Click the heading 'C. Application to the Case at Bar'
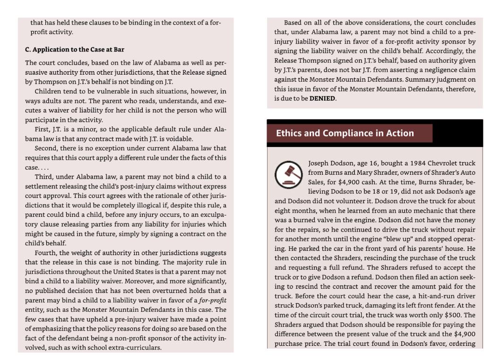[x=75, y=50]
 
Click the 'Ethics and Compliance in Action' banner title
[x=345, y=133]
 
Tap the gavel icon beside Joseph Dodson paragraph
[x=288, y=173]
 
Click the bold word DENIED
[x=322, y=99]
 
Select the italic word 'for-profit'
[x=213, y=300]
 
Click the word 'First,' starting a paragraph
[x=43, y=129]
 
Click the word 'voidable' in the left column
[x=180, y=139]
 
